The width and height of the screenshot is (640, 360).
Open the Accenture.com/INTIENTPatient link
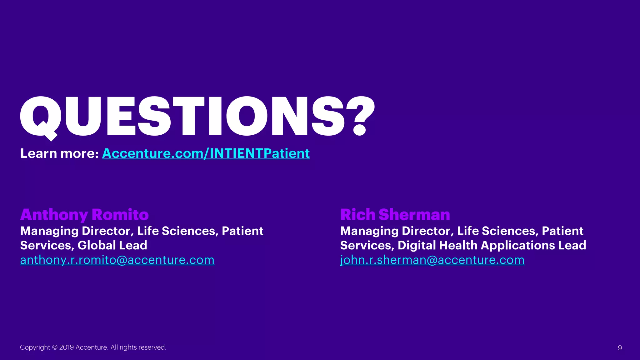(x=206, y=153)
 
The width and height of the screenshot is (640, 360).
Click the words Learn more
(x=59, y=153)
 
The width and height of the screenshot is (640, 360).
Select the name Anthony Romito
(x=84, y=215)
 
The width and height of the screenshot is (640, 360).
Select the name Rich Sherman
(x=395, y=215)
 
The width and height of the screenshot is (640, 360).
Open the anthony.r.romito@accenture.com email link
(x=117, y=260)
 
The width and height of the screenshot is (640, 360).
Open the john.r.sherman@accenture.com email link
(x=432, y=260)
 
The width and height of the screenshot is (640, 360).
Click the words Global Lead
(x=112, y=245)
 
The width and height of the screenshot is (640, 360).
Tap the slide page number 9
(x=620, y=348)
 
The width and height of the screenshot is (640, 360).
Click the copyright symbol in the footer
(x=55, y=347)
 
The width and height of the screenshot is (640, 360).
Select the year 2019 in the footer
(x=66, y=347)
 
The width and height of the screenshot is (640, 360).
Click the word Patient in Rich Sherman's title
(x=562, y=231)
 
